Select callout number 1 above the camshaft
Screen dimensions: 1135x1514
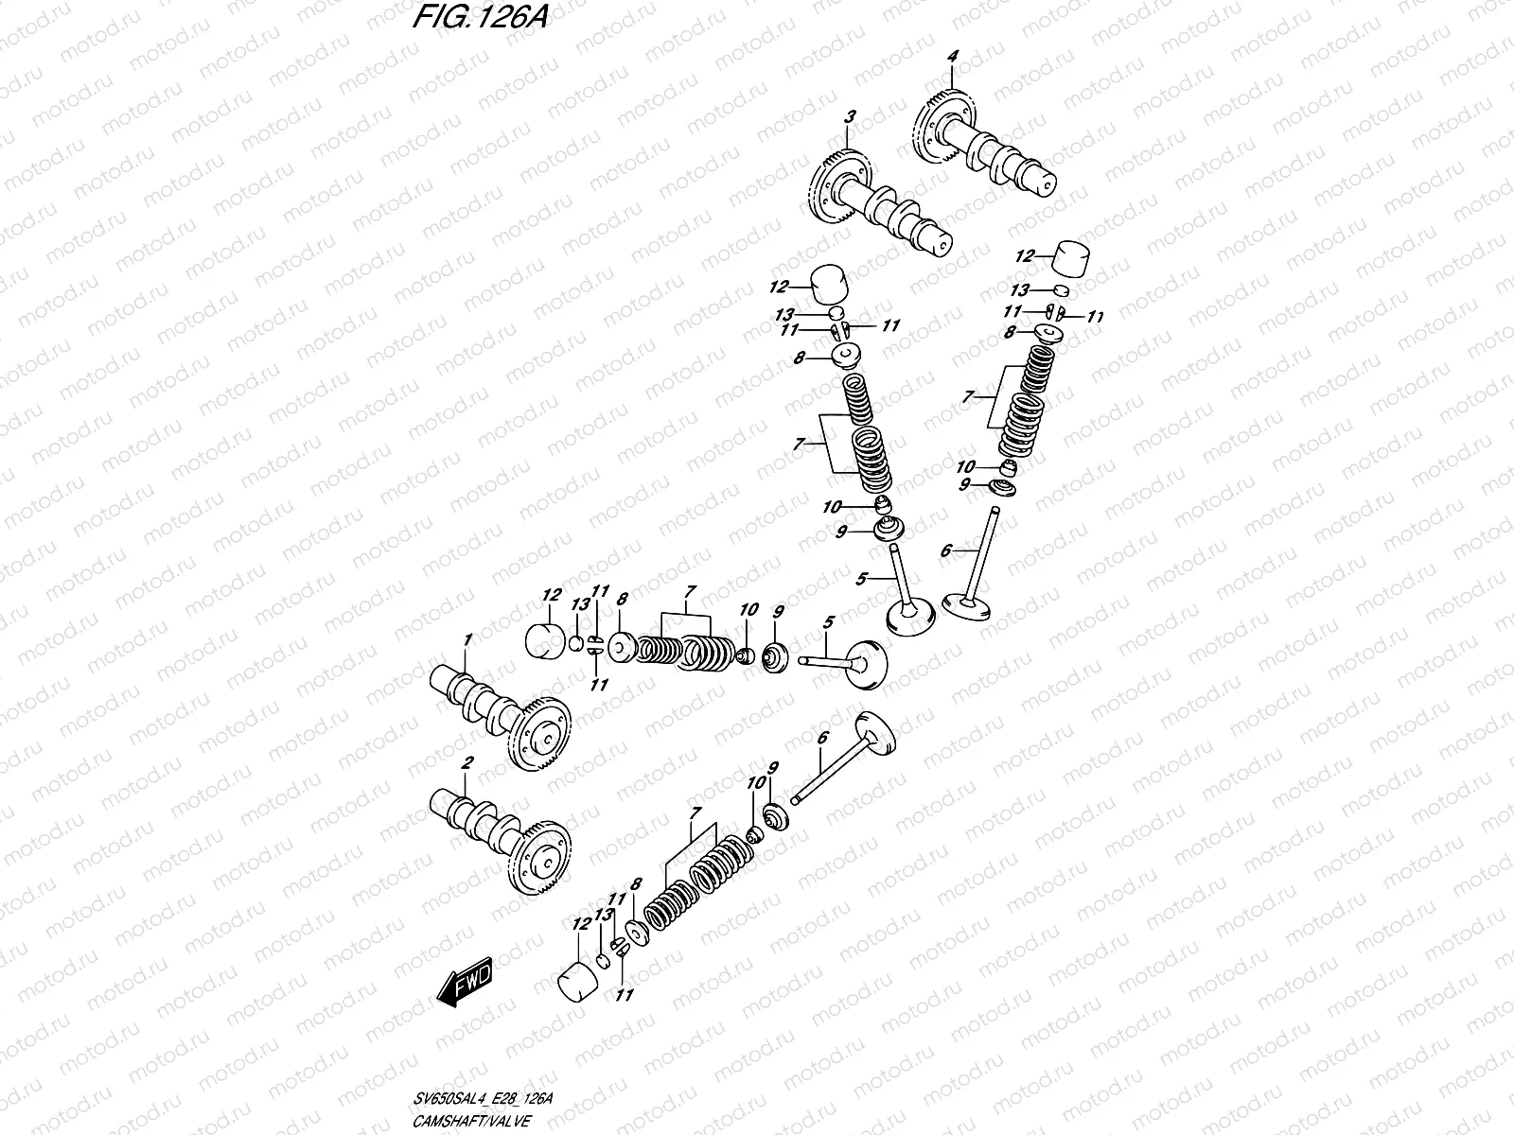click(467, 641)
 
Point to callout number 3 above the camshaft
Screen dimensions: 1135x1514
click(850, 117)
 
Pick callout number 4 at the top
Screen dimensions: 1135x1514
click(953, 57)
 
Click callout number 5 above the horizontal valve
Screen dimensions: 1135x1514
click(828, 622)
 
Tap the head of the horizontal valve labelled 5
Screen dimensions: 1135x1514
click(867, 667)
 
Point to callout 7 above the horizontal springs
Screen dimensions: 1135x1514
click(690, 591)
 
